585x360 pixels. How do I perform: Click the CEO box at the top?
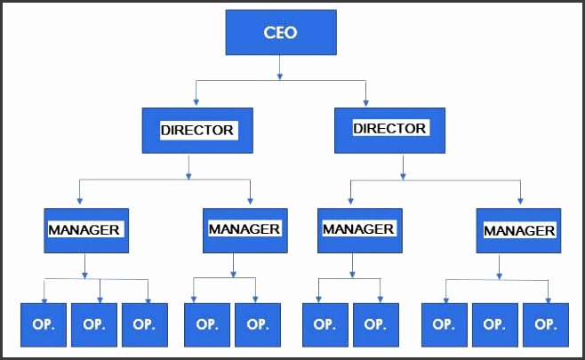click(280, 33)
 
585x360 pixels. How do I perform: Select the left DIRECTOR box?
click(196, 130)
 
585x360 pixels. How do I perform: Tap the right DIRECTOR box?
click(389, 129)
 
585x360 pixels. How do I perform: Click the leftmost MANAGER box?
click(85, 229)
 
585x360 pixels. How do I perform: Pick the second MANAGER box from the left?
click(244, 229)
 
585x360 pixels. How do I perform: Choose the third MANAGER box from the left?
click(358, 229)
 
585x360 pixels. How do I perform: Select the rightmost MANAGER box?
click(518, 230)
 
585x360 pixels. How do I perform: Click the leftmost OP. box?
click(44, 324)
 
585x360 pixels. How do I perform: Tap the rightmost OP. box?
click(545, 324)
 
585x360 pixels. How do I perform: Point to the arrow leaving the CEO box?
click(280, 68)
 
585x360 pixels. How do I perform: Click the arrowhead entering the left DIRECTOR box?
click(196, 102)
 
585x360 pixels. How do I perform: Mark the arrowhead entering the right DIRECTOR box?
click(365, 102)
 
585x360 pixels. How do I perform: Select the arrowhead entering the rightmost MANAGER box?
click(520, 202)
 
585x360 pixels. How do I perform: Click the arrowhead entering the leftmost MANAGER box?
click(80, 202)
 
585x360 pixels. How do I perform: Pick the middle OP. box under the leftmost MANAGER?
click(94, 324)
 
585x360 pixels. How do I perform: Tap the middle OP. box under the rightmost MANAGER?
click(494, 324)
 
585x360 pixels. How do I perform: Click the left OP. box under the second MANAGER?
click(207, 324)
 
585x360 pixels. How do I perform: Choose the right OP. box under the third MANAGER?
click(375, 324)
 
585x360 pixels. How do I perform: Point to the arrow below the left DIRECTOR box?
click(188, 166)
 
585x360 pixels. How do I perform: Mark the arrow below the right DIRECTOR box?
click(404, 166)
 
